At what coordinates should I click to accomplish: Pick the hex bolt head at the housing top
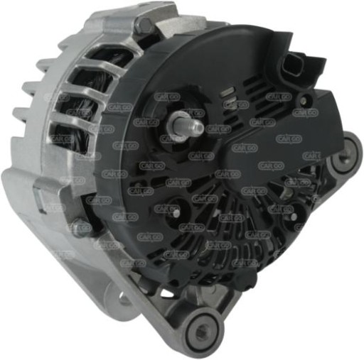145,26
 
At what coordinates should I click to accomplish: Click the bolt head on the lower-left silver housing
80,229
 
